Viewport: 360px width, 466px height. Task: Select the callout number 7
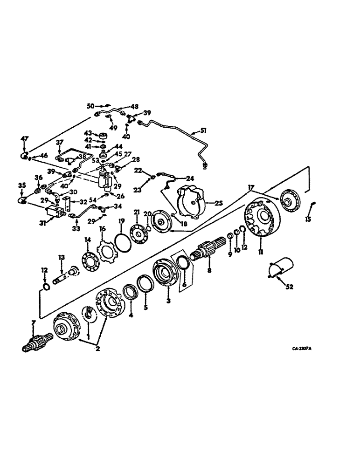coord(32,323)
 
